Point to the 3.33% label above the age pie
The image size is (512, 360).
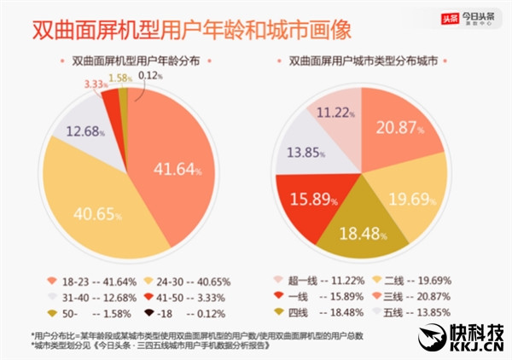pos(96,84)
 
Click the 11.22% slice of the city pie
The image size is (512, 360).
pos(334,112)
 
